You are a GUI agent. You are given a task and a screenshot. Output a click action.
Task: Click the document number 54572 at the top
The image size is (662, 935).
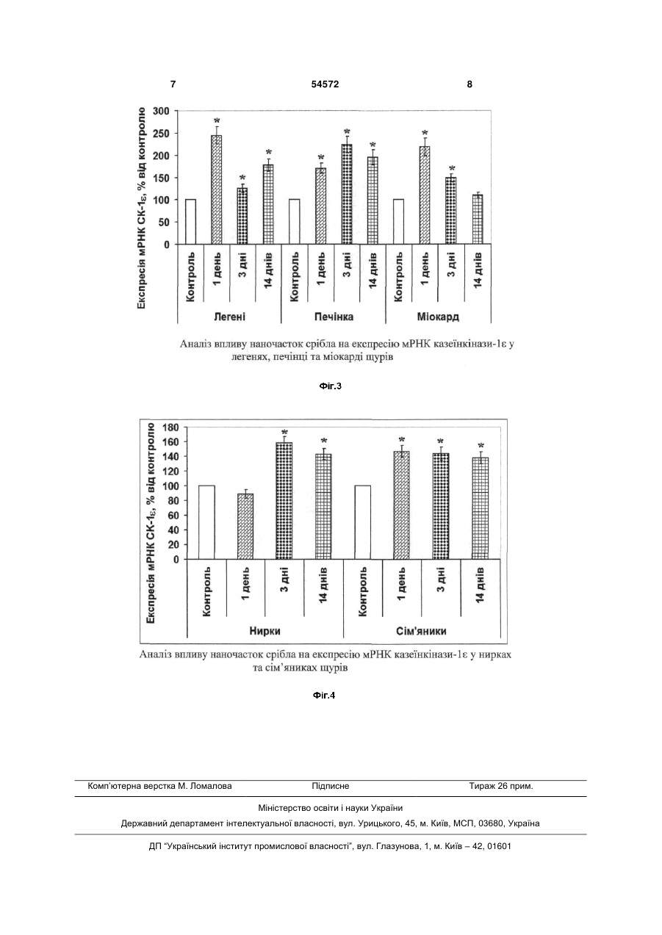coord(325,84)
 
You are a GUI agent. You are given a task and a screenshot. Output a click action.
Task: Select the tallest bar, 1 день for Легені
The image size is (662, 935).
coord(216,189)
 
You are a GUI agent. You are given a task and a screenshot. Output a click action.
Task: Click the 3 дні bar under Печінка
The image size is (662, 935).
coord(347,194)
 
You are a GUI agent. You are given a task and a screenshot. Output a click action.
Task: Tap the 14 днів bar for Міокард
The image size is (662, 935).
coord(478,219)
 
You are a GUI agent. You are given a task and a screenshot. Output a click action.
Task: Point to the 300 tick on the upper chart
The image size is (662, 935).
coord(162,111)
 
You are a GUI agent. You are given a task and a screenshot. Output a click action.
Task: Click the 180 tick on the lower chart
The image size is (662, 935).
coord(170,427)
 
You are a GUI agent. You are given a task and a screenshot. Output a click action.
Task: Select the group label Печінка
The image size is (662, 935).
coord(334,317)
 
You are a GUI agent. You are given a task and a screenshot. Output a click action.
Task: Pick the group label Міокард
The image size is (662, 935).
coord(438,317)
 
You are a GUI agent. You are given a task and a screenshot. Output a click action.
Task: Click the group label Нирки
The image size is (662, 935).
coord(265,631)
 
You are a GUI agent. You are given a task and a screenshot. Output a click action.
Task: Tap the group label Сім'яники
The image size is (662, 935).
coord(421,631)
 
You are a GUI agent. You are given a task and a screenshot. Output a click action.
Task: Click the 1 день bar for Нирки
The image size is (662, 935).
coord(245,527)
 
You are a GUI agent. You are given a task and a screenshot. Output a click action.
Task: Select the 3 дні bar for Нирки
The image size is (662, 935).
coord(284,501)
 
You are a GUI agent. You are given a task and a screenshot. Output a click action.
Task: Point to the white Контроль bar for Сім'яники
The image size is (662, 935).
coord(362,522)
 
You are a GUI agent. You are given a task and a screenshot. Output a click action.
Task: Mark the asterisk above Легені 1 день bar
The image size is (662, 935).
coord(217,121)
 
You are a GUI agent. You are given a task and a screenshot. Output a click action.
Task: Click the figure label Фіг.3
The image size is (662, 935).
coord(331,386)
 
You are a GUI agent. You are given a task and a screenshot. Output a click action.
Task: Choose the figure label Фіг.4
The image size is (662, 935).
coord(324,696)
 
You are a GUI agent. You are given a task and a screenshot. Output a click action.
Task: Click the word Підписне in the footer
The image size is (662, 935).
coord(331,786)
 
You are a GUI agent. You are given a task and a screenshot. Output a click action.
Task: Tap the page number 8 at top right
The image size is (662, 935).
coord(469,84)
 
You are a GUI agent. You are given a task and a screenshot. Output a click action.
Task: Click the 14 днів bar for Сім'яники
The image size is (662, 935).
coord(481,508)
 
